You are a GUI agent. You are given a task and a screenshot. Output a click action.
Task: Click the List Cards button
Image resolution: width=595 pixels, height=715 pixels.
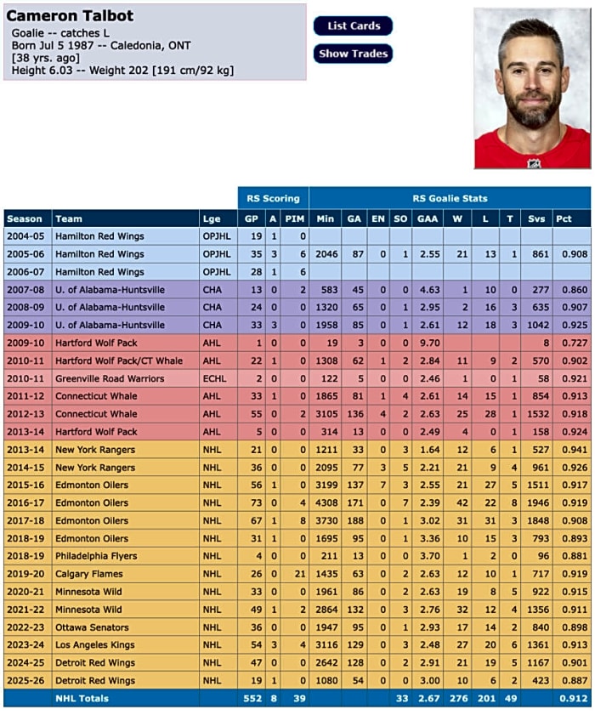[353, 26]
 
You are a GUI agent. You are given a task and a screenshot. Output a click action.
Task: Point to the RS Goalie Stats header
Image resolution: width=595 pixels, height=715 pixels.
[450, 198]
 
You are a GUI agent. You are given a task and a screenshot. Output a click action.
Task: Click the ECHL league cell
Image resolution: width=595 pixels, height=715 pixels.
[212, 378]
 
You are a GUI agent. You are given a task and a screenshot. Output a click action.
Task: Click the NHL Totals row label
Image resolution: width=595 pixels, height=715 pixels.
[82, 698]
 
